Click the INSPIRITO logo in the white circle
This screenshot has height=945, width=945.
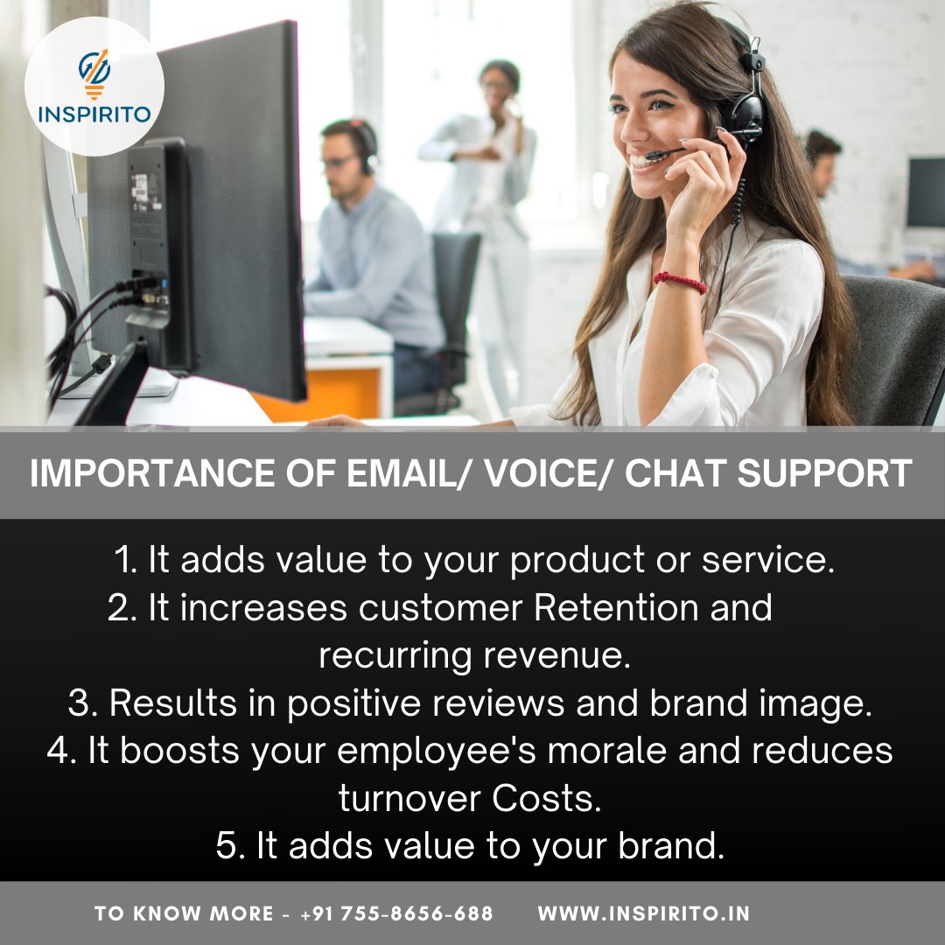[94, 87]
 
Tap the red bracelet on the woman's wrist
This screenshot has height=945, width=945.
[680, 282]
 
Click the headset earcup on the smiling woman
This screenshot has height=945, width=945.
[745, 113]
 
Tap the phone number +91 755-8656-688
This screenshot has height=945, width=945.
[396, 913]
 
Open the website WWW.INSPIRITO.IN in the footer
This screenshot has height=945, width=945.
[643, 913]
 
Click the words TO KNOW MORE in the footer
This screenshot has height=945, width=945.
[184, 913]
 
